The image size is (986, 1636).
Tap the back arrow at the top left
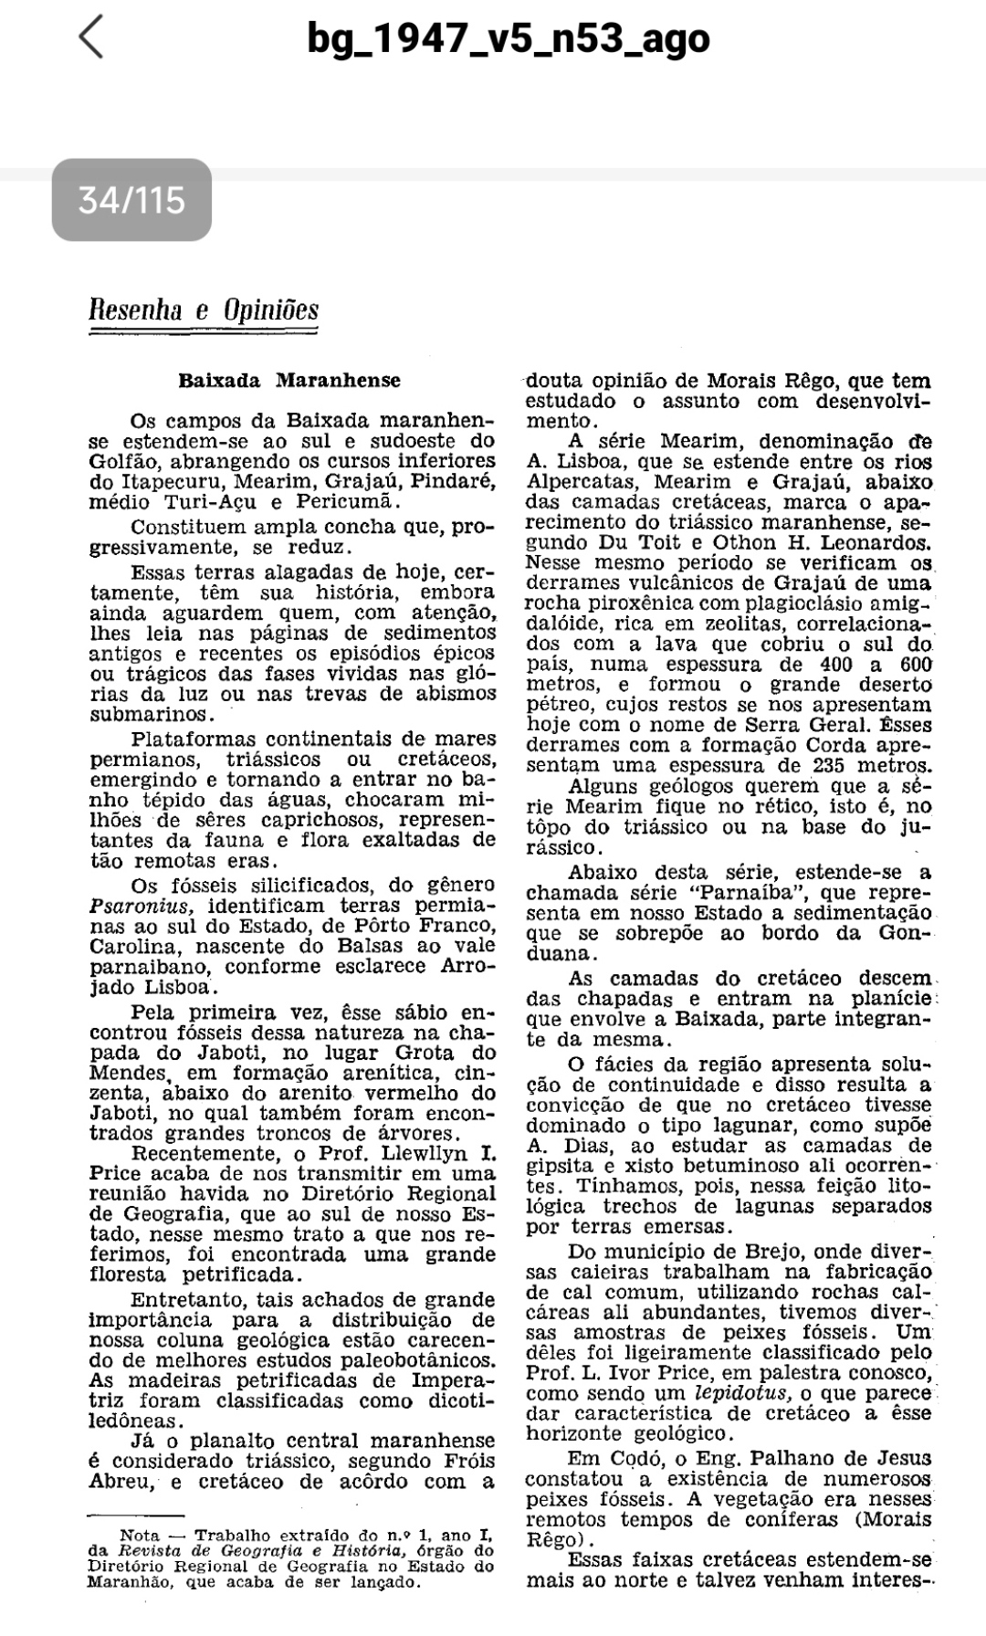click(x=91, y=38)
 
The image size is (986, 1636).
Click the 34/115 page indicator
click(x=131, y=200)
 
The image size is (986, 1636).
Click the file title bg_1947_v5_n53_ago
click(x=509, y=38)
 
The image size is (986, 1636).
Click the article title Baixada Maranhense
click(x=289, y=380)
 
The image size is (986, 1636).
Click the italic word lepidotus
click(x=742, y=1394)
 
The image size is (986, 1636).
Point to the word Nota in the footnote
click(x=141, y=1536)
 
